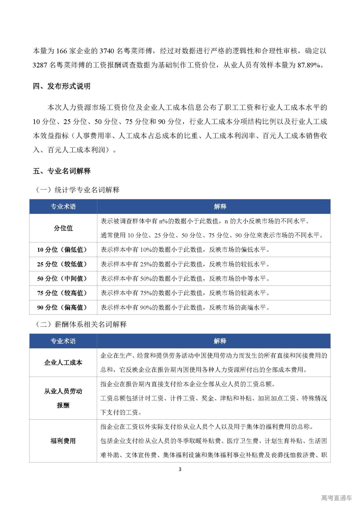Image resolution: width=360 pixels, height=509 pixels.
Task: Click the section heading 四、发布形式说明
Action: [62, 86]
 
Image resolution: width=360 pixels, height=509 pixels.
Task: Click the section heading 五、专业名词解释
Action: [62, 171]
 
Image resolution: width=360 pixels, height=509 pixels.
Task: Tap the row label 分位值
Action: [63, 228]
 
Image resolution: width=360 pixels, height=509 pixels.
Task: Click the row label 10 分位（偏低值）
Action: [62, 250]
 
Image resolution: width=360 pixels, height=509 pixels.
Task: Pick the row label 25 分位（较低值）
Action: [62, 264]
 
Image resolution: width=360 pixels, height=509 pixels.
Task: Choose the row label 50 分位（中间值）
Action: [62, 279]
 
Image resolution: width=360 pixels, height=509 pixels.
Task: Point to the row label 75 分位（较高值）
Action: [62, 293]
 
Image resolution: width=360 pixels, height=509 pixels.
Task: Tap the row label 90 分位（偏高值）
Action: [62, 307]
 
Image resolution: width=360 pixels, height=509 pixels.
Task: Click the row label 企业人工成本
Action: [63, 362]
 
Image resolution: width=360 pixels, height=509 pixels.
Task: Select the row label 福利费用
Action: [63, 441]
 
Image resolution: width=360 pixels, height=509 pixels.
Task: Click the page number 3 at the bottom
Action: [180, 469]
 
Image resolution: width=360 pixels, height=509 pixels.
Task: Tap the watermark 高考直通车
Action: [336, 498]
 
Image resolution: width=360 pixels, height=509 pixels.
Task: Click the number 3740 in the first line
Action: [107, 51]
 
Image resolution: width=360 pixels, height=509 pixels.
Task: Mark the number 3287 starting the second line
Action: [40, 65]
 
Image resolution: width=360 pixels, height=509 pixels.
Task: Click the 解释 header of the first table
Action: [220, 207]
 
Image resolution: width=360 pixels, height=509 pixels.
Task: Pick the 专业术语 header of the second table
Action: [63, 341]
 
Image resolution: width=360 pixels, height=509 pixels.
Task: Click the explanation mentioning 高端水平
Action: [185, 307]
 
